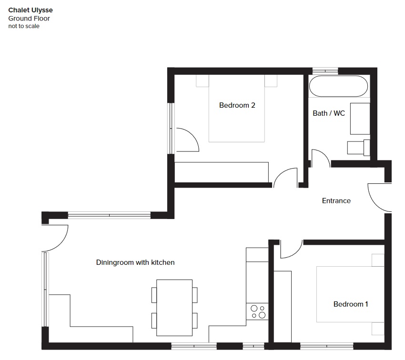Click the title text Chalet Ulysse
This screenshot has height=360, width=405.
click(x=30, y=10)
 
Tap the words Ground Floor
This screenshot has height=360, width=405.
click(x=29, y=19)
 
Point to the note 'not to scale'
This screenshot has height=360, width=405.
click(x=24, y=26)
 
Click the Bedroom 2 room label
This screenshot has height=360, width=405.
click(x=237, y=105)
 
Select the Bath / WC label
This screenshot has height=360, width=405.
click(x=329, y=113)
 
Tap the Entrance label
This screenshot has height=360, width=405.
click(x=336, y=201)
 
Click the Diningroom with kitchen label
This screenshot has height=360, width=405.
click(x=135, y=262)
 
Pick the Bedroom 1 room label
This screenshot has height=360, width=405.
click(x=351, y=304)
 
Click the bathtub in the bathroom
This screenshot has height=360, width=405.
click(x=338, y=86)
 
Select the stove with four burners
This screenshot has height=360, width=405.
click(x=257, y=311)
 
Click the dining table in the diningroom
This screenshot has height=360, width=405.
click(x=174, y=308)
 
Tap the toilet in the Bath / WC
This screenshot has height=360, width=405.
click(x=358, y=148)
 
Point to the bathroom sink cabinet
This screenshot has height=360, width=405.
click(x=360, y=119)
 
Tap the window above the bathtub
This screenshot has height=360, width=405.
click(x=325, y=70)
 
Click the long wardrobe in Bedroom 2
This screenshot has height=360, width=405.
click(x=222, y=172)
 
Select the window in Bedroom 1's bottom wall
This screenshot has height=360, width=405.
click(x=327, y=346)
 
